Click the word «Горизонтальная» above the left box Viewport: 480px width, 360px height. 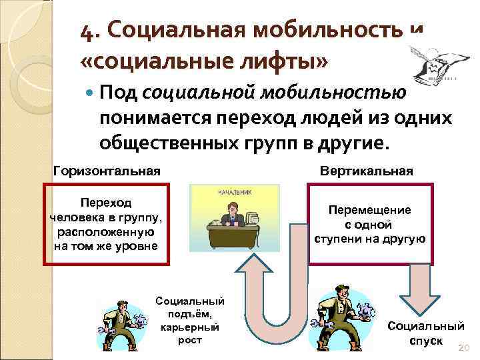107,171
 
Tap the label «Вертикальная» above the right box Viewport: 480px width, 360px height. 367,171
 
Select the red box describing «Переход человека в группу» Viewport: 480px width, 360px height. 106,223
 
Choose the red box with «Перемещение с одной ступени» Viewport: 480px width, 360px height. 369,224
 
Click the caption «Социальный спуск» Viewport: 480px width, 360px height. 425,333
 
